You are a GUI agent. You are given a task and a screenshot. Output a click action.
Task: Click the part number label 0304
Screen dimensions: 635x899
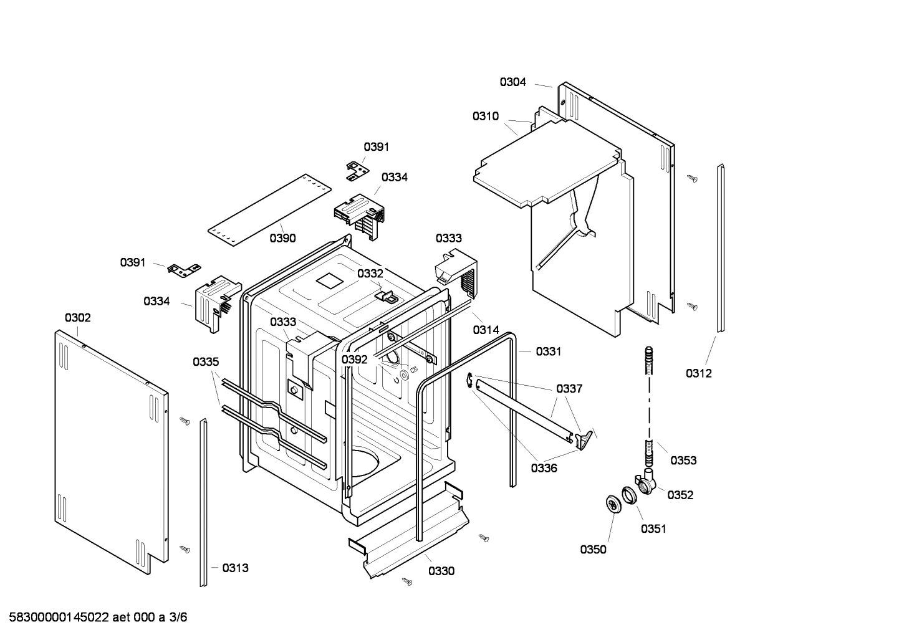pyautogui.click(x=512, y=82)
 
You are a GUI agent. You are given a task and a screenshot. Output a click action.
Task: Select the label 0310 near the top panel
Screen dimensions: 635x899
pyautogui.click(x=485, y=116)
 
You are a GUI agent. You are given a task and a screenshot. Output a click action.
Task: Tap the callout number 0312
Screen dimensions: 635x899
pyautogui.click(x=698, y=373)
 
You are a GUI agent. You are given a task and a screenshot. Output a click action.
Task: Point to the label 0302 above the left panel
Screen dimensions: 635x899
pyautogui.click(x=77, y=318)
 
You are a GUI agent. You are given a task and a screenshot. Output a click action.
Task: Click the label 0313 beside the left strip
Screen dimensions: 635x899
pyautogui.click(x=235, y=568)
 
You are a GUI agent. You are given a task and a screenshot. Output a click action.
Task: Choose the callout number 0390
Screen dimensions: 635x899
pyautogui.click(x=282, y=238)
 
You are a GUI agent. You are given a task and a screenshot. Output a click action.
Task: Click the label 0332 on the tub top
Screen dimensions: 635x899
pyautogui.click(x=370, y=274)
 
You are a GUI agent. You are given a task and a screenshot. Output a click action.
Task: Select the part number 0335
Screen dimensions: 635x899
pyautogui.click(x=206, y=361)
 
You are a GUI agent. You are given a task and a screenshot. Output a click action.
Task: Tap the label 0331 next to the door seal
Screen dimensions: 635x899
pyautogui.click(x=548, y=351)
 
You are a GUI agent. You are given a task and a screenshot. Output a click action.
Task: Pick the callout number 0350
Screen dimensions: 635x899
pyautogui.click(x=593, y=549)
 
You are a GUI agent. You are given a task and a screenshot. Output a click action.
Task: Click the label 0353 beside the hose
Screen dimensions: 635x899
pyautogui.click(x=683, y=461)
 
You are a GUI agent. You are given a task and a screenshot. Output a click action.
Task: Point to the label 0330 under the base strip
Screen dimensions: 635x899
pyautogui.click(x=441, y=571)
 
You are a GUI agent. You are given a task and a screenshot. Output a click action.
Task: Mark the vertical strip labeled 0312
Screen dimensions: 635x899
pyautogui.click(x=720, y=249)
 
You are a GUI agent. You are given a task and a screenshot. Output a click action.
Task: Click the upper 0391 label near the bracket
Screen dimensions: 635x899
pyautogui.click(x=376, y=147)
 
